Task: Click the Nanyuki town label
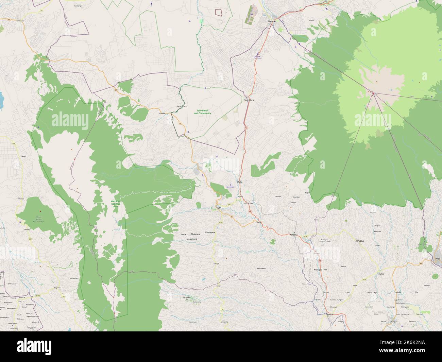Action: pyautogui.click(x=271, y=21)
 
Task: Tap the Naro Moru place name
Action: pyautogui.click(x=249, y=100)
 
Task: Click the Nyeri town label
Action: pyautogui.click(x=214, y=208)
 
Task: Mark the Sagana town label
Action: pyautogui.click(x=320, y=314)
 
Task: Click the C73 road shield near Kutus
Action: pyautogui.click(x=364, y=279)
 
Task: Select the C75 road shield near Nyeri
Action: pyautogui.click(x=229, y=205)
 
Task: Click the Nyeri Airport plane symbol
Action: pyautogui.click(x=231, y=185)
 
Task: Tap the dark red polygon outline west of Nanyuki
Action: pyautogui.click(x=219, y=12)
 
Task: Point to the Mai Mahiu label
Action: pyautogui.click(x=74, y=278)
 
